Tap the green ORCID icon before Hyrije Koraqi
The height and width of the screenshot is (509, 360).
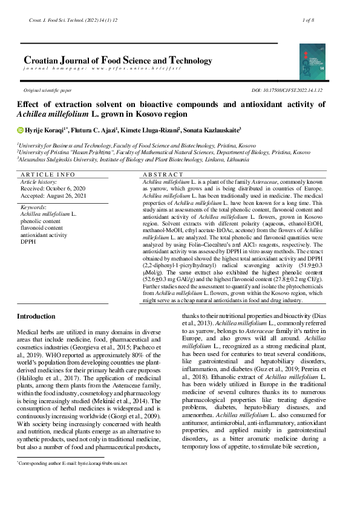[20, 129]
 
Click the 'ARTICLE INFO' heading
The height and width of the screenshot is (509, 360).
[48, 175]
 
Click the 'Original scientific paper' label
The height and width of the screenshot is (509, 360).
[47, 90]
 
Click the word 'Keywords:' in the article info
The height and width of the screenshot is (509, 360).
[33, 207]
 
